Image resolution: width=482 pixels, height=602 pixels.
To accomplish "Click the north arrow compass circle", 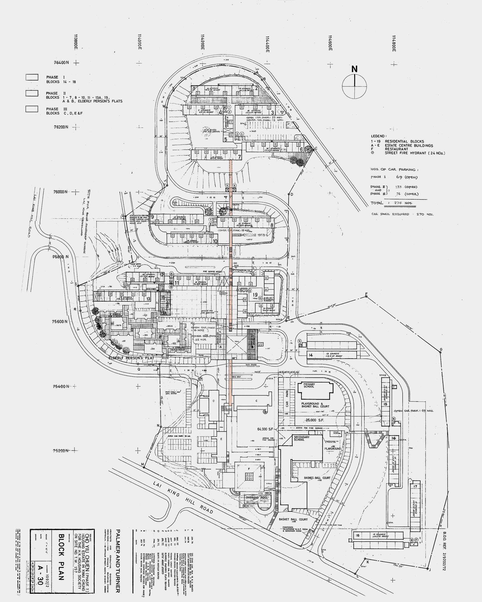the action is point(354,86).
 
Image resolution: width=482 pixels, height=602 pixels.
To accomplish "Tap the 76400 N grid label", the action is point(61,63).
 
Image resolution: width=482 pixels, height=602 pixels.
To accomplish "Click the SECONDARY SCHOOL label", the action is point(302,438).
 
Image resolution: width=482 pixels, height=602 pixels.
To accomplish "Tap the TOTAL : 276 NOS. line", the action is point(392,203).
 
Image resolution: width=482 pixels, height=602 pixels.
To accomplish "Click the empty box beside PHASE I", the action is point(32,77).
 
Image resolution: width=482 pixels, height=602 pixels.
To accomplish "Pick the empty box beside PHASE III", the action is point(32,109).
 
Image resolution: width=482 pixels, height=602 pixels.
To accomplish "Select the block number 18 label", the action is point(358,536).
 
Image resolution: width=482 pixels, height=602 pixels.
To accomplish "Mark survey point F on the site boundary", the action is point(366,294).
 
